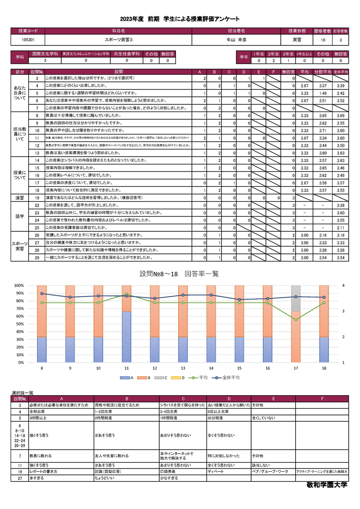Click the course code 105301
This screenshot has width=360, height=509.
(x=28, y=40)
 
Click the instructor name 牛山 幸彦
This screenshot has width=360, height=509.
(x=236, y=40)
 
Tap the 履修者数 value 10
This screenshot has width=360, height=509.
(x=323, y=40)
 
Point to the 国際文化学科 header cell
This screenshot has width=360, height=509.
(x=45, y=54)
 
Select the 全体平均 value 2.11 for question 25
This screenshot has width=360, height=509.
(x=341, y=228)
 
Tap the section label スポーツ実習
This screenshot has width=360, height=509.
(x=20, y=246)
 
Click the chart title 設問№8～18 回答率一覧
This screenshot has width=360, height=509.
(x=180, y=274)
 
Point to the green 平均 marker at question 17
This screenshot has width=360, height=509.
(x=296, y=320)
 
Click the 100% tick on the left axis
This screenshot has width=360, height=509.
(x=19, y=285)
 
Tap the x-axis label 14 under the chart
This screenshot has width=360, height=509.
(x=211, y=368)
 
